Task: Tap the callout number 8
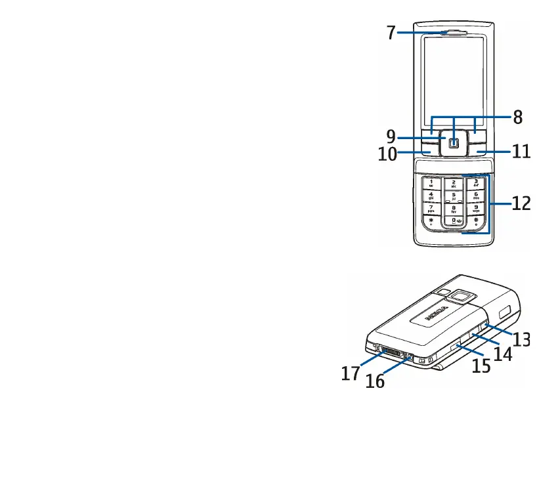[x=518, y=117]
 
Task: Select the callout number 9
[x=391, y=137]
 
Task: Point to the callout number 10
[x=387, y=154]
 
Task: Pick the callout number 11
[x=521, y=152]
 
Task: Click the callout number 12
[x=521, y=204]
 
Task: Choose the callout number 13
[x=521, y=339]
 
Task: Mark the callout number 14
[x=503, y=353]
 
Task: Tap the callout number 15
[x=481, y=366]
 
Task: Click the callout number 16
[x=375, y=380]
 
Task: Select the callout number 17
[x=350, y=373]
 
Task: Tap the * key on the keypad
[x=431, y=223]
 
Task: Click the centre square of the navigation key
[x=454, y=142]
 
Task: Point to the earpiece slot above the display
[x=454, y=31]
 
